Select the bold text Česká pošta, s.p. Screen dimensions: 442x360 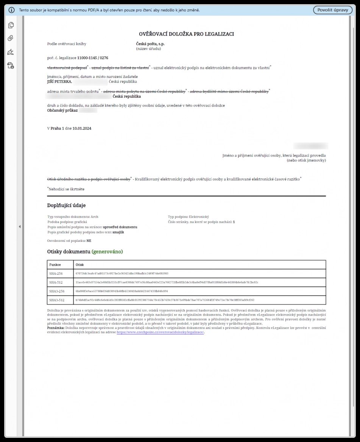point(150,44)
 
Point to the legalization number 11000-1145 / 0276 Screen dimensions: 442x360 point(93,58)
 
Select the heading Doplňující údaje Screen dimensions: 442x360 point(66,205)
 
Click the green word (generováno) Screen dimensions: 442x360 point(108,252)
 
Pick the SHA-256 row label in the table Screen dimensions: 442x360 point(56,273)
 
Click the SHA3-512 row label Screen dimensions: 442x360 point(57,300)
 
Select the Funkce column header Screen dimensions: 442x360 point(55,265)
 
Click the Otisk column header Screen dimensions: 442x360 point(79,265)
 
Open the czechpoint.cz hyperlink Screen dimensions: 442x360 point(160,332)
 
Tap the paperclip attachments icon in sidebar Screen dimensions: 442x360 point(11,38)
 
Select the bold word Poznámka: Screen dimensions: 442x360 point(56,328)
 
